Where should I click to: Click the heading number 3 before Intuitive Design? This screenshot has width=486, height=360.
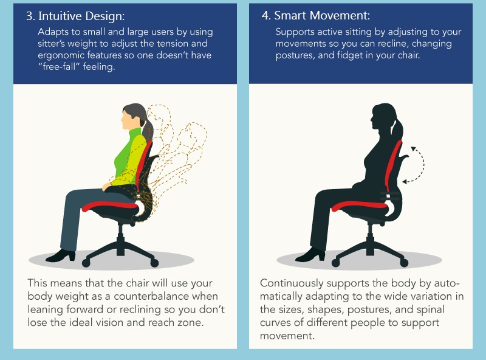(x=30, y=16)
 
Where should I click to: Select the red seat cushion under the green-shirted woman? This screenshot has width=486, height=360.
(x=110, y=206)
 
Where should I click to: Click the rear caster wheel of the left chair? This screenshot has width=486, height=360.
(x=154, y=263)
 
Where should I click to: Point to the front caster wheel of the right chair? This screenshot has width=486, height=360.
(x=336, y=263)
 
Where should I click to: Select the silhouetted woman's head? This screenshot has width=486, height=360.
(x=384, y=116)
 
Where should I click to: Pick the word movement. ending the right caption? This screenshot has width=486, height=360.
(x=287, y=336)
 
